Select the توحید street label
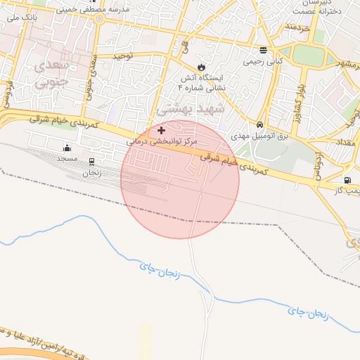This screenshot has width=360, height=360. point(123,55)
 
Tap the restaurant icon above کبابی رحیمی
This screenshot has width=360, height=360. point(263,50)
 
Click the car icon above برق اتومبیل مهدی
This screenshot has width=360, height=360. point(260,124)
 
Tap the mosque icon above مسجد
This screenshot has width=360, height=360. point(67,148)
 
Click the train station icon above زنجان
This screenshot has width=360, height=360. point(91,161)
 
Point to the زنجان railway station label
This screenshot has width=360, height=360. point(91,172)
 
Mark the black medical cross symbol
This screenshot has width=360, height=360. point(162,130)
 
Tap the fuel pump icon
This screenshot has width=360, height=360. point(347,180)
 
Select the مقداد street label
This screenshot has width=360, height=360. point(349,143)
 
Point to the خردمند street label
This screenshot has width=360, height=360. point(297,27)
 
